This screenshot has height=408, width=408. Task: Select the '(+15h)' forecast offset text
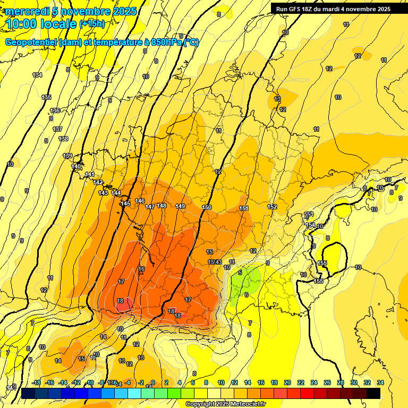click(x=92, y=24)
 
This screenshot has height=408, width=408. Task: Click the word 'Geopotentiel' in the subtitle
click(x=30, y=42)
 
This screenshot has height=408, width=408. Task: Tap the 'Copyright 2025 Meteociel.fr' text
click(x=225, y=404)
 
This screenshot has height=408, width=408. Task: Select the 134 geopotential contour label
click(x=37, y=75)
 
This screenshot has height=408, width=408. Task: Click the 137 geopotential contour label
click(x=58, y=130)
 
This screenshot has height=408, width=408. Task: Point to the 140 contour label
click(x=76, y=166)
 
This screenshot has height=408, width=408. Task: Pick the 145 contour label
click(x=125, y=204)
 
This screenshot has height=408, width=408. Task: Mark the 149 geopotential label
click(x=180, y=206)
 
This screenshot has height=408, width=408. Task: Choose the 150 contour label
click(x=207, y=207)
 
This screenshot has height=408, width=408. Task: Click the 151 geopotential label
click(x=244, y=209)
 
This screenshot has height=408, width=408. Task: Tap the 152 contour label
click(x=272, y=207)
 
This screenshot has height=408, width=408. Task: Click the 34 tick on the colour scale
click(x=380, y=382)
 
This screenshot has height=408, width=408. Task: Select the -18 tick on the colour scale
click(x=36, y=382)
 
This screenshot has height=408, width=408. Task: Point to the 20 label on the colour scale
click(x=287, y=382)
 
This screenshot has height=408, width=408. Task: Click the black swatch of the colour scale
click(x=373, y=393)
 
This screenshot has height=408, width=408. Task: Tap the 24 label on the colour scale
click(x=314, y=382)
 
